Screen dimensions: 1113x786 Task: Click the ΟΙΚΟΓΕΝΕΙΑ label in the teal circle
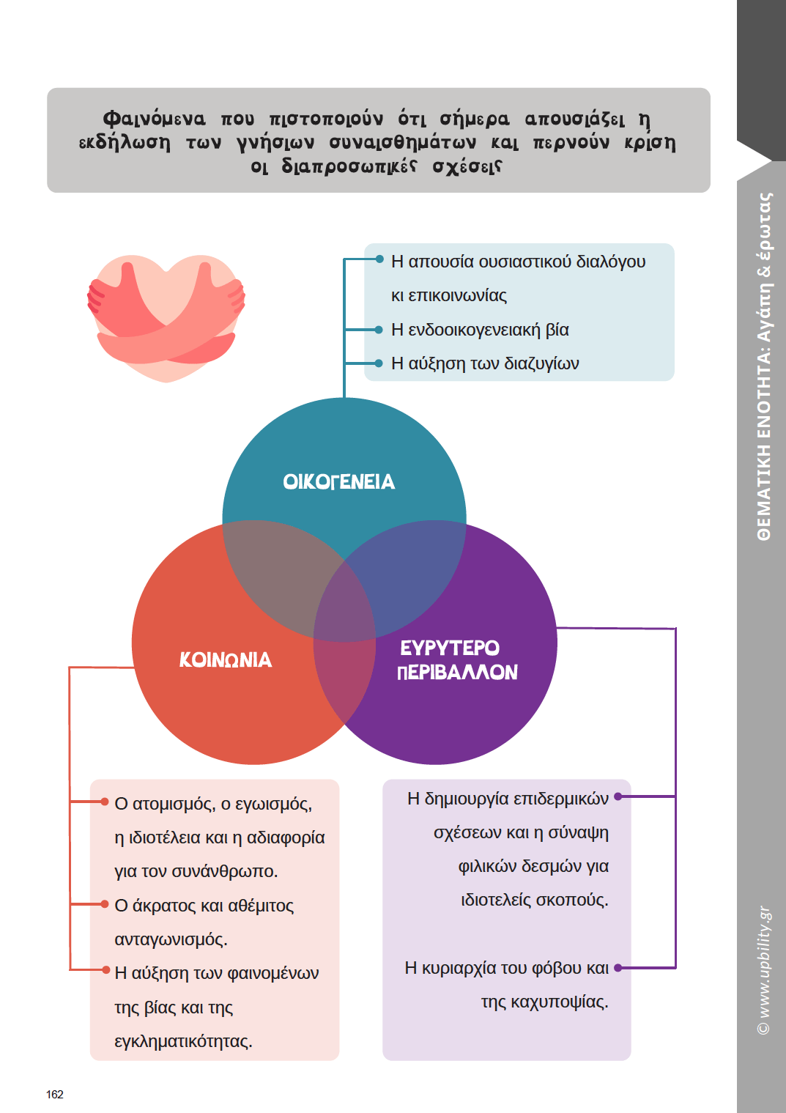(338, 481)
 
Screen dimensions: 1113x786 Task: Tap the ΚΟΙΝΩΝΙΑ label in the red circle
(226, 659)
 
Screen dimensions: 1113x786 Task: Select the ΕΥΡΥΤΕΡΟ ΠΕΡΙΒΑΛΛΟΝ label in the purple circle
(457, 659)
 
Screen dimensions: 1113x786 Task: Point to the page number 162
(55, 1094)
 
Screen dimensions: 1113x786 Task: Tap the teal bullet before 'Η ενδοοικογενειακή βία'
(379, 330)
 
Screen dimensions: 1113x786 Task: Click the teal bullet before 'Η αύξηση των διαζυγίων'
(379, 363)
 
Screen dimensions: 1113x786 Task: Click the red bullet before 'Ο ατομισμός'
(105, 802)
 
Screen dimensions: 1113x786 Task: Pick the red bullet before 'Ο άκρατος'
(105, 904)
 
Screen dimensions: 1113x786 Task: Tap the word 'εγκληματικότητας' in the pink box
(182, 1041)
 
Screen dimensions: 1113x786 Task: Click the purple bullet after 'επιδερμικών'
(618, 796)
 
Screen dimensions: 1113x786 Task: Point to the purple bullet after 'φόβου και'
(618, 968)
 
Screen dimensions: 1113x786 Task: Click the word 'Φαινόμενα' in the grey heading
(154, 119)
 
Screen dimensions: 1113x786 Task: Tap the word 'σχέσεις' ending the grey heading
(467, 166)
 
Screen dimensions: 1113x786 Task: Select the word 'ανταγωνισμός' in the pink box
(170, 939)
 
